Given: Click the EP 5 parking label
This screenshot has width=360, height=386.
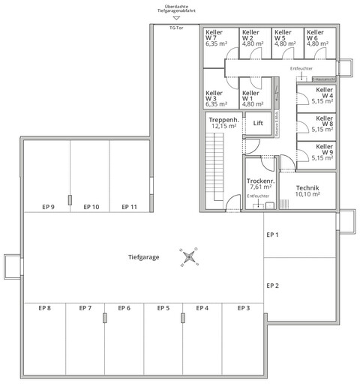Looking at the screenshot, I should (x=163, y=308).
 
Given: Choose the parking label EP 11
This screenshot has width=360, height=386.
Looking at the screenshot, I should (x=129, y=206).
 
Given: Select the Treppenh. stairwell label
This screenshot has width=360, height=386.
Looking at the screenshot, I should (x=224, y=119).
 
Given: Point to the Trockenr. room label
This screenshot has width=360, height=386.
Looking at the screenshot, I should (x=260, y=181).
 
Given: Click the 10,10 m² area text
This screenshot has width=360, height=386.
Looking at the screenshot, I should (x=308, y=194).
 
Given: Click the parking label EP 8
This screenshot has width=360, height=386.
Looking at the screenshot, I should (x=44, y=308).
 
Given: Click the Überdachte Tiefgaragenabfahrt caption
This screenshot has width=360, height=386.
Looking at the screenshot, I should (x=176, y=9).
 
